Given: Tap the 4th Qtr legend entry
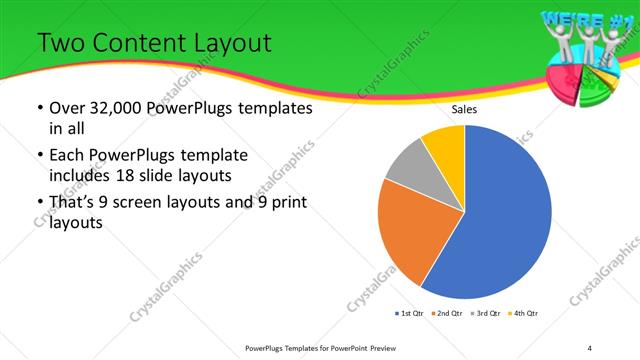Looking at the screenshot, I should tap(523, 314).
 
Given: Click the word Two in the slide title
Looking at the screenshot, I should tap(60, 43).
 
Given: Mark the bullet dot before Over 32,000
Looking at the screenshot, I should tap(39, 108).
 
